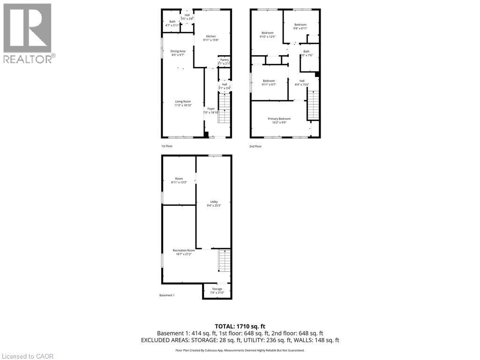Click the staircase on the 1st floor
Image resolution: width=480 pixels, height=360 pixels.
pyautogui.click(x=225, y=108)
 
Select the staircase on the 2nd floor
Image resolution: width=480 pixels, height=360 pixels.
pyautogui.click(x=313, y=105)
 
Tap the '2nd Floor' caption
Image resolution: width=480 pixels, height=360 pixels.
pyautogui.click(x=255, y=146)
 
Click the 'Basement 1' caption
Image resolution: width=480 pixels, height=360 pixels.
pyautogui.click(x=167, y=295)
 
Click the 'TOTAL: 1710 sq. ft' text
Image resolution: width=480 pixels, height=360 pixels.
pyautogui.click(x=240, y=326)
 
